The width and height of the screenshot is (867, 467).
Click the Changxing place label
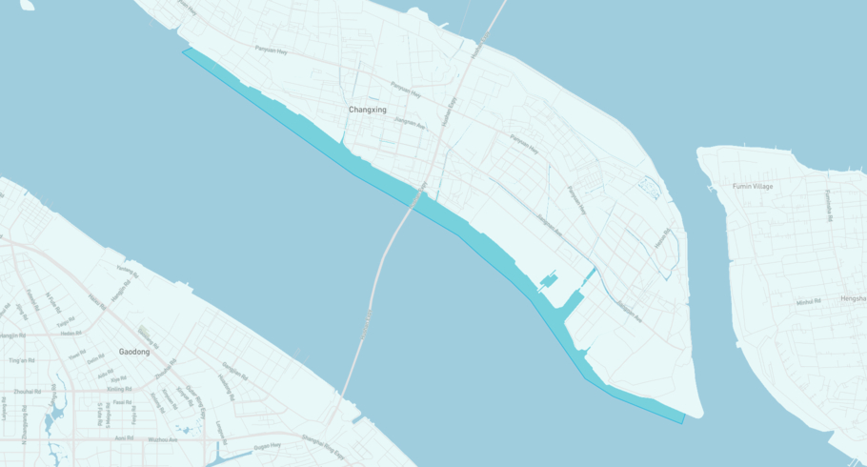(367, 110)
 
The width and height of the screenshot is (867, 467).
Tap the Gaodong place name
(133, 352)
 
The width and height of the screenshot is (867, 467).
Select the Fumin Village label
(753, 186)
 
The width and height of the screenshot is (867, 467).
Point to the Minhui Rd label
(809, 302)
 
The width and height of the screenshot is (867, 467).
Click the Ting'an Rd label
(20, 361)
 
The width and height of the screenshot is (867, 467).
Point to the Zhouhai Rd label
(28, 392)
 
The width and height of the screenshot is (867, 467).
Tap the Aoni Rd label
(123, 437)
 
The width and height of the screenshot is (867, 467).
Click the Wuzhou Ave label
(163, 439)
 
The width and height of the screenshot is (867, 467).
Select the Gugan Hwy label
(268, 445)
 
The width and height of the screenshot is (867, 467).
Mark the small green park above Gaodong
(145, 333)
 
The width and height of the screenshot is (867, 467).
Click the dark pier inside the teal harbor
(549, 281)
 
